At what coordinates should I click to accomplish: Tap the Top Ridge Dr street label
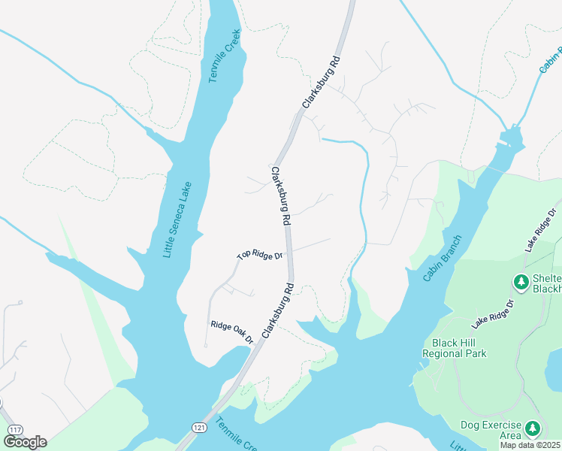pyautogui.click(x=259, y=255)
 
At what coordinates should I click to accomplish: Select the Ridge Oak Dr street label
pyautogui.click(x=232, y=332)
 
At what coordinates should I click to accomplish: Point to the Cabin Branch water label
pyautogui.click(x=441, y=258)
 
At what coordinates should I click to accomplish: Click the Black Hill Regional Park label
pyautogui.click(x=454, y=347)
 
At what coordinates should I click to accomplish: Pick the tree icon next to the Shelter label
pyautogui.click(x=520, y=283)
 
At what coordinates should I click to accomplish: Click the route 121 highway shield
pyautogui.click(x=198, y=428)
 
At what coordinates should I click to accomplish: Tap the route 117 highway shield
pyautogui.click(x=14, y=429)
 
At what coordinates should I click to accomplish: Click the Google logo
pyautogui.click(x=25, y=441)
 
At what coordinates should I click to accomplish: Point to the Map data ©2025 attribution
pyautogui.click(x=530, y=445)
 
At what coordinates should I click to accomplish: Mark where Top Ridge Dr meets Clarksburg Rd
pyautogui.click(x=290, y=253)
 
